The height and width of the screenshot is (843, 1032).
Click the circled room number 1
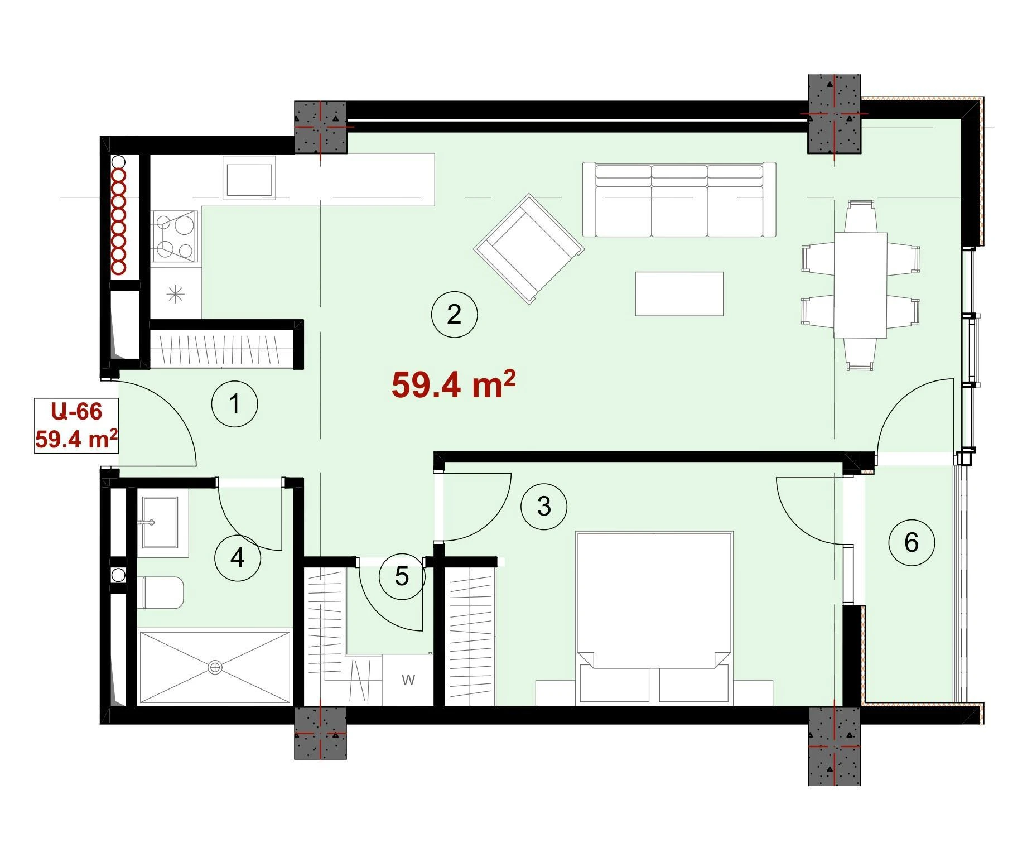tap(234, 403)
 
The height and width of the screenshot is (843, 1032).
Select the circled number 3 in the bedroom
tap(543, 507)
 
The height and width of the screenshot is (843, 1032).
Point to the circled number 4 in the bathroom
tap(238, 557)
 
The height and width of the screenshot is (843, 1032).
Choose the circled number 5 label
tap(402, 576)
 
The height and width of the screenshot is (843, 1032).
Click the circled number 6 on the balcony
tap(912, 542)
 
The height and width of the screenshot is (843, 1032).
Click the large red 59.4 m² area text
tap(453, 384)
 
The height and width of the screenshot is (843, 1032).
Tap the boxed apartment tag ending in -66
tap(76, 425)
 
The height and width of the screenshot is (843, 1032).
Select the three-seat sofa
tap(679, 200)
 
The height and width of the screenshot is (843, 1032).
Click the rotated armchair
tap(529, 249)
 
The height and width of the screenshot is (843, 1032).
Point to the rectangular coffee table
tap(679, 294)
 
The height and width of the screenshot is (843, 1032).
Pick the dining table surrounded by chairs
tap(860, 285)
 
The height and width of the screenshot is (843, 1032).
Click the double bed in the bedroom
tap(654, 618)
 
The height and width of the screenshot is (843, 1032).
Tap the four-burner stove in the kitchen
tap(175, 236)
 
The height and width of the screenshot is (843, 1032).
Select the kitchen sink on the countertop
tap(249, 177)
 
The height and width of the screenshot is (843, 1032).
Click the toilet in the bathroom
tap(163, 592)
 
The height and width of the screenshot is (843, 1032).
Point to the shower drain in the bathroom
tap(215, 667)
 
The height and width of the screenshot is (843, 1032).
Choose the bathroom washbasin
tap(160, 522)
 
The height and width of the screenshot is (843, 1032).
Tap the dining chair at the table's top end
tap(860, 217)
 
